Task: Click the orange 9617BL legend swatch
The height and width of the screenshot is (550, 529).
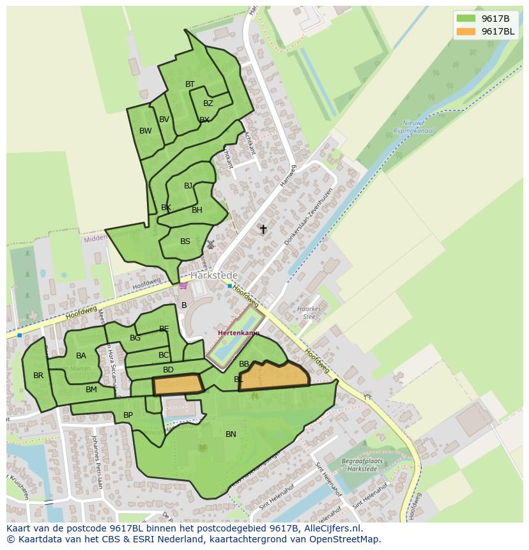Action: [466, 32]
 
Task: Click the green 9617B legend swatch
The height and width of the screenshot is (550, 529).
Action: [466, 19]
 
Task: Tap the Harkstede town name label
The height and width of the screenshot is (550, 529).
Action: [214, 275]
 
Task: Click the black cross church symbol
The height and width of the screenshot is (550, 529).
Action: [263, 229]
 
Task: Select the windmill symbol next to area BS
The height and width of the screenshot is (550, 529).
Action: [211, 244]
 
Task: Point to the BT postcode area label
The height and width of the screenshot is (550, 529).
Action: [190, 84]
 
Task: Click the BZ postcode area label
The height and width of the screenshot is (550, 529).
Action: [208, 103]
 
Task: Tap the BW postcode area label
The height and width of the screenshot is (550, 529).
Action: [146, 131]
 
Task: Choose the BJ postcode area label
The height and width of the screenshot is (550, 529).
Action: [188, 186]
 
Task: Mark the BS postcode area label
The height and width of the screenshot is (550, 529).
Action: [185, 241]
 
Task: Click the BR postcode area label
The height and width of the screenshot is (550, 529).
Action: [38, 376]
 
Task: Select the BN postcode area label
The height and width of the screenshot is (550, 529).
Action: [231, 434]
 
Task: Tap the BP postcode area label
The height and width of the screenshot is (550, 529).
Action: [128, 415]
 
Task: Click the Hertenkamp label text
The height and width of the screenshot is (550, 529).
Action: [238, 333]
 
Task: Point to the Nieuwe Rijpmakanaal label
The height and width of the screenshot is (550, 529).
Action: [418, 127]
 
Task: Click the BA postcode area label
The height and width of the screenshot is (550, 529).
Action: [81, 356]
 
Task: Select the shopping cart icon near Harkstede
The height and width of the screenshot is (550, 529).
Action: [183, 286]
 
